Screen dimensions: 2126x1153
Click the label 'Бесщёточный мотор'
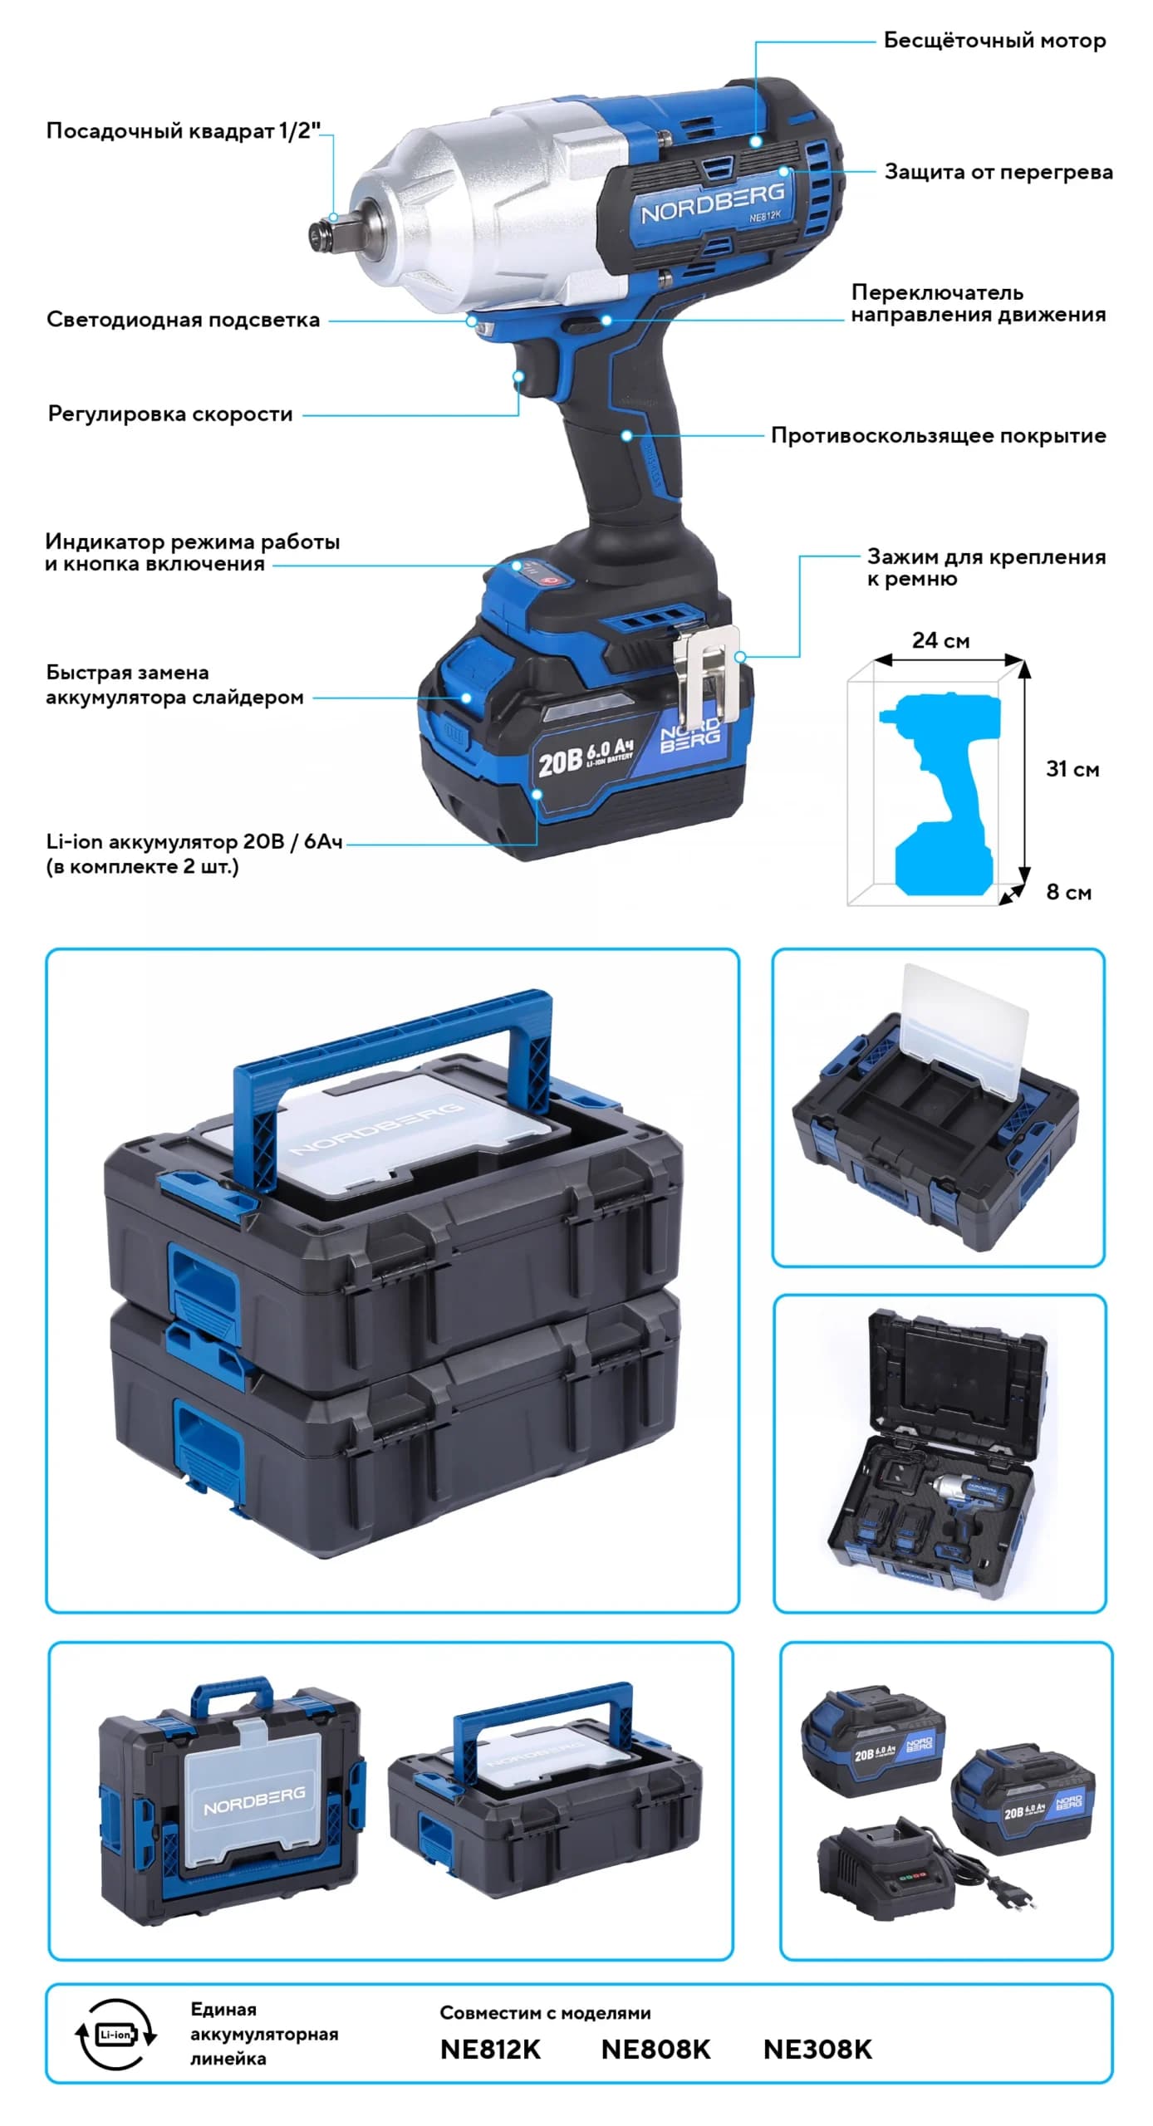[994, 40]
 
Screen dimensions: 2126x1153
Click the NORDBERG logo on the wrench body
[712, 203]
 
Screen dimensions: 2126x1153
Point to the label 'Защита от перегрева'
[998, 172]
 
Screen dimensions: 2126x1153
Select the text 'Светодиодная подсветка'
[183, 320]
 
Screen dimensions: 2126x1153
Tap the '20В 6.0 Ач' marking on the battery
[585, 757]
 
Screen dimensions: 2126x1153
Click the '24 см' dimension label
[940, 639]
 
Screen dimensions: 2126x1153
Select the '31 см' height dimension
[1072, 768]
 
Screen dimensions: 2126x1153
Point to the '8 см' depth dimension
[1068, 891]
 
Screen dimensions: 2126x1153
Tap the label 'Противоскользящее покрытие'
[938, 435]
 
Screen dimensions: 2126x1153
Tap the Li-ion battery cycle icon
[115, 2033]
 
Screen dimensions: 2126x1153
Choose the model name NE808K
[655, 2049]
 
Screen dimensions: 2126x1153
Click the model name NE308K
[817, 2049]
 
